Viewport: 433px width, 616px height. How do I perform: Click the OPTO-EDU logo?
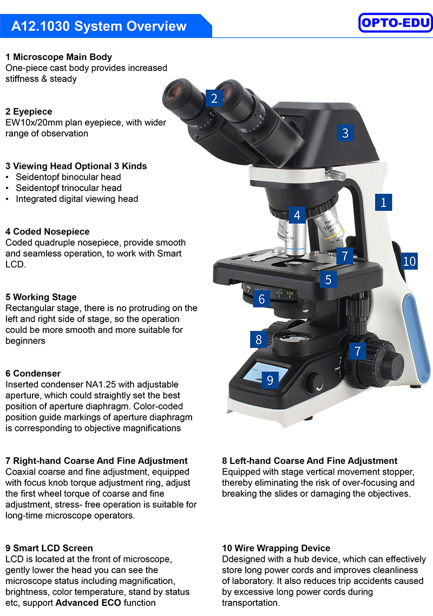pyautogui.click(x=395, y=22)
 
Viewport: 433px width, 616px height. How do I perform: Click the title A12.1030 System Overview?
pyautogui.click(x=99, y=27)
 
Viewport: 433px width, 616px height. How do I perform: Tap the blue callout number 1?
pyautogui.click(x=384, y=202)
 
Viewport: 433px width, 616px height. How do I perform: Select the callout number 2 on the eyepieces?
pyautogui.click(x=214, y=98)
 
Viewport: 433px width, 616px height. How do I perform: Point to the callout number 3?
pyautogui.click(x=345, y=133)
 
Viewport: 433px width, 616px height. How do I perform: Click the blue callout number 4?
pyautogui.click(x=297, y=215)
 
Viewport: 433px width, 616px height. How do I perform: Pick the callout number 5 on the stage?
pyautogui.click(x=329, y=279)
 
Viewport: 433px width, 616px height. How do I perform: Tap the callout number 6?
pyautogui.click(x=261, y=299)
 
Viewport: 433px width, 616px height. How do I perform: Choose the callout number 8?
pyautogui.click(x=259, y=339)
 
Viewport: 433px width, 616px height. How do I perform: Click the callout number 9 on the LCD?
pyautogui.click(x=270, y=380)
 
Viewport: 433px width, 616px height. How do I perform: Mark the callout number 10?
pyautogui.click(x=409, y=261)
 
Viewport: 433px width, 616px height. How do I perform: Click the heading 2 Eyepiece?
pyautogui.click(x=29, y=112)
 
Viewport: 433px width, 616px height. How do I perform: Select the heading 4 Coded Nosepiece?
pyautogui.click(x=48, y=231)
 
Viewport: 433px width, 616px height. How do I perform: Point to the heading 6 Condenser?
pyautogui.click(x=33, y=373)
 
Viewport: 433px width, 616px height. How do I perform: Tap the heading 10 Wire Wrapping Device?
pyautogui.click(x=276, y=548)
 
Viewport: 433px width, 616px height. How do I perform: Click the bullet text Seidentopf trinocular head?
pyautogui.click(x=69, y=188)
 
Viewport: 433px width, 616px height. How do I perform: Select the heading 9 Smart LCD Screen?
pyautogui.click(x=49, y=548)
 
